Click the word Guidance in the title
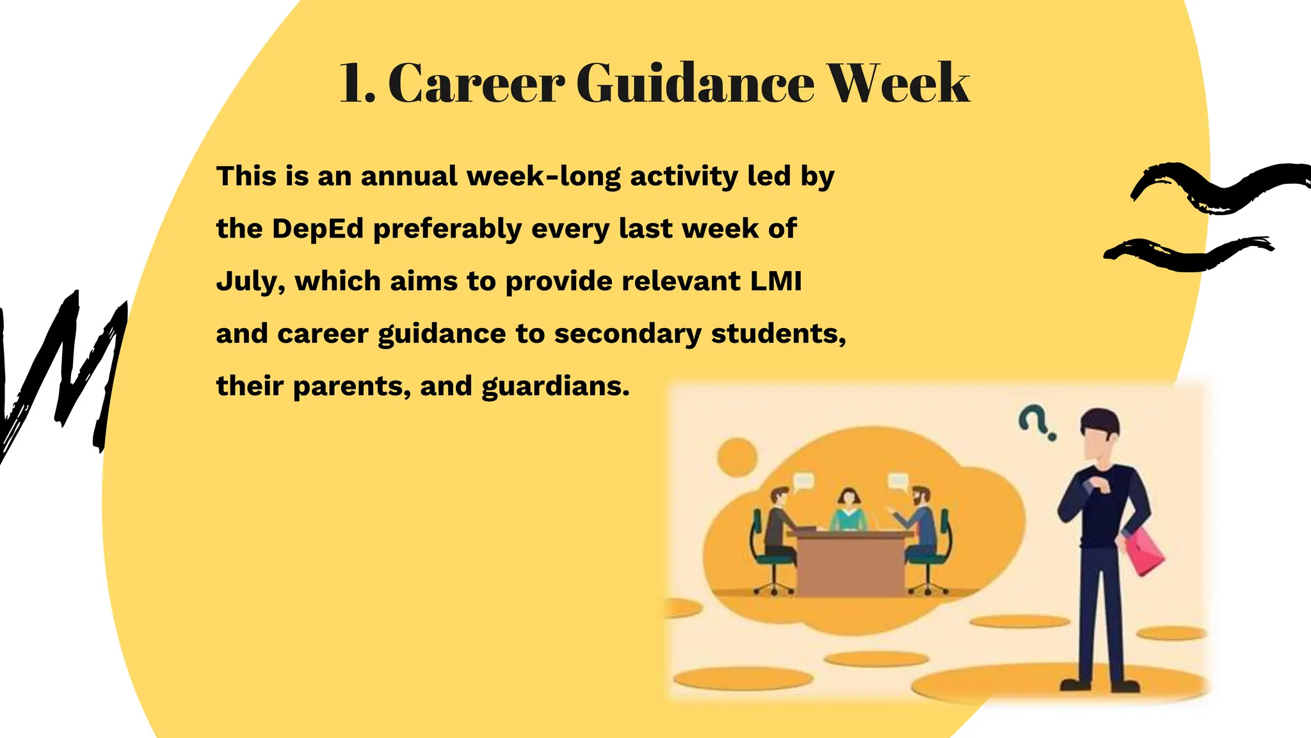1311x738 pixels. tap(695, 83)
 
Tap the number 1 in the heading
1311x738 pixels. tap(354, 83)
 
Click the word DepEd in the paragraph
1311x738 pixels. tap(318, 229)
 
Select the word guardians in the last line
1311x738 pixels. tap(555, 386)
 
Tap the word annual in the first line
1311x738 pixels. tap(409, 176)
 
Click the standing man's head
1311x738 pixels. tap(1100, 432)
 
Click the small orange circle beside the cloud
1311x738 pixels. tap(737, 457)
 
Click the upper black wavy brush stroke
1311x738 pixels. tap(1219, 186)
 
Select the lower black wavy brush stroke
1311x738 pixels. tap(1187, 254)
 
